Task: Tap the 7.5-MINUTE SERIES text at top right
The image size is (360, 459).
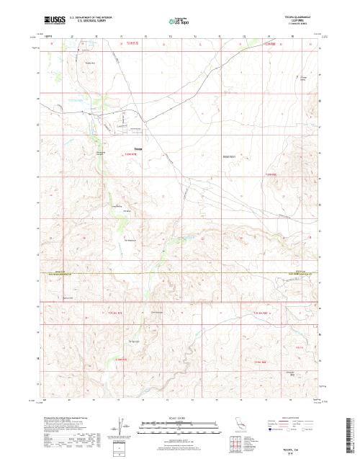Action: [x=298, y=26]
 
